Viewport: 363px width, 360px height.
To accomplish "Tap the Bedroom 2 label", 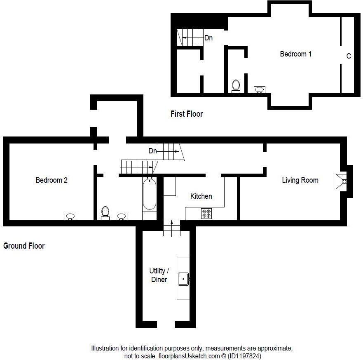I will coord(52,180).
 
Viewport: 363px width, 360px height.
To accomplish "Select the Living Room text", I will coord(300,180).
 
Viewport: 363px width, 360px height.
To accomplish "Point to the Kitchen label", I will coord(201,196).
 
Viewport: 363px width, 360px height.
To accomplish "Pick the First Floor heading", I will coord(187,114).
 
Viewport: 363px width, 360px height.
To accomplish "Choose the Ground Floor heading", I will coord(24,246).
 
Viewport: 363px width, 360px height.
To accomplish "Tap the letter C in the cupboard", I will coord(349,56).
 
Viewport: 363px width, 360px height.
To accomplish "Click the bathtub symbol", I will coord(150,194).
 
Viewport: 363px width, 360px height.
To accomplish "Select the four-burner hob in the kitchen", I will coord(206,214).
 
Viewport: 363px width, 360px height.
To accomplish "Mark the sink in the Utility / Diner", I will coord(183,279).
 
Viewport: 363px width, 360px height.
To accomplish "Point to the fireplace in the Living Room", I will coord(342,181).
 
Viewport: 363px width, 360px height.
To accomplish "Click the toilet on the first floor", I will coord(236,86).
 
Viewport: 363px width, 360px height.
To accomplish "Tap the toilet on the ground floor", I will coord(105,213).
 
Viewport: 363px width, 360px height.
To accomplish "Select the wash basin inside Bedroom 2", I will coord(70,216).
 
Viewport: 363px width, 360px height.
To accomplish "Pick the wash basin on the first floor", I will coord(260,89).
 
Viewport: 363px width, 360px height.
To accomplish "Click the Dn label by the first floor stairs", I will coord(208,38).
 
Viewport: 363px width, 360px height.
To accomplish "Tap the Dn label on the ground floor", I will coord(152,151).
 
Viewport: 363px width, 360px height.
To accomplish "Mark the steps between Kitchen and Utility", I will coord(172,228).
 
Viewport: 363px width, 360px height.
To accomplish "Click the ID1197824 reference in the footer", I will coord(242,355).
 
